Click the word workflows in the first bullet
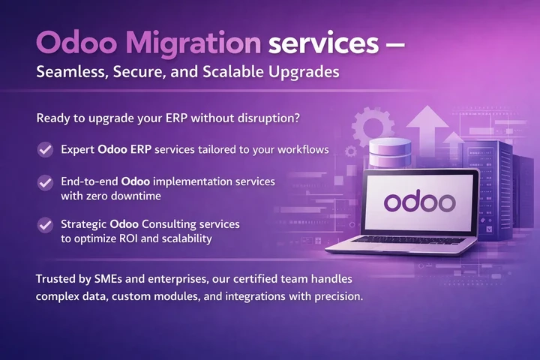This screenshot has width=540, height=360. [301, 149]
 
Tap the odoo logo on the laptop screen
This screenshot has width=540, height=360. [419, 201]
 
